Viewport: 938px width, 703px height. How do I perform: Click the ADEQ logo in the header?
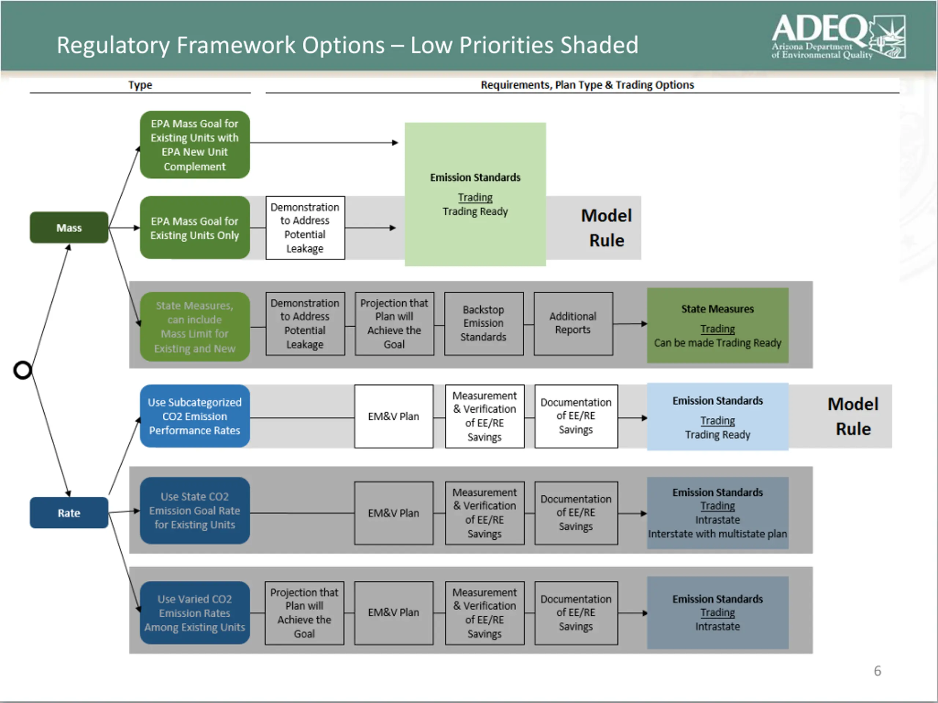click(x=838, y=37)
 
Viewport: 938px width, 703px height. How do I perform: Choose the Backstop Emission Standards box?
click(x=483, y=323)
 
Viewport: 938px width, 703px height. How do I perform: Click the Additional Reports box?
click(x=573, y=323)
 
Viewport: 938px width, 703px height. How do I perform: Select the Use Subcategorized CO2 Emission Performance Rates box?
click(x=195, y=416)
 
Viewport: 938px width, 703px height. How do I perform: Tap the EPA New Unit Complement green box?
click(x=195, y=145)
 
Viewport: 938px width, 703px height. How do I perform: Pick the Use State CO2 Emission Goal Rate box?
click(x=195, y=511)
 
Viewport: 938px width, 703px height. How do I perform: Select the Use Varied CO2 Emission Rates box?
click(x=195, y=613)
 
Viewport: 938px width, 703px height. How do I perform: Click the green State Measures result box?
click(x=717, y=326)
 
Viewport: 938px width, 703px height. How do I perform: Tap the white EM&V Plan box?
click(x=394, y=416)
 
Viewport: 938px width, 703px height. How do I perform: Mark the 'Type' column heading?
click(x=140, y=85)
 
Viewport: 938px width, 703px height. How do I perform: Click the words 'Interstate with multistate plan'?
click(x=717, y=534)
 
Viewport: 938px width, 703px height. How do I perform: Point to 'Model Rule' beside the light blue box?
click(x=853, y=416)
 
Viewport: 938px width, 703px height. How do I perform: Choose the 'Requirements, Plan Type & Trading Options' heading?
click(x=587, y=85)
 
